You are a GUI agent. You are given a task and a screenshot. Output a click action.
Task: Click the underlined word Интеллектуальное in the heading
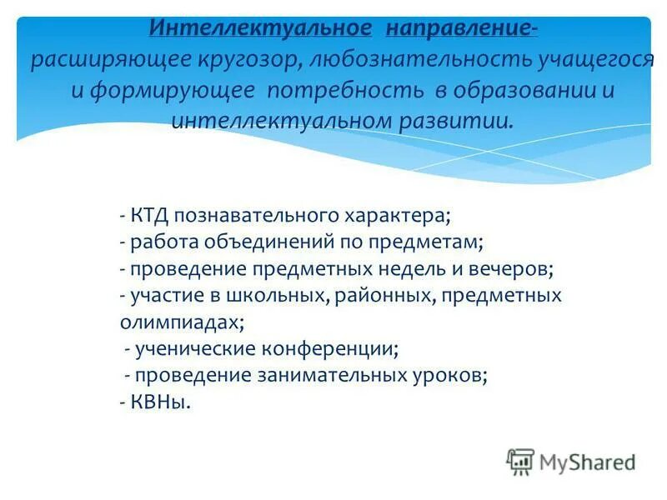click(260, 27)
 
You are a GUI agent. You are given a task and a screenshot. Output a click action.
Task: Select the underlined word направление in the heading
click(457, 27)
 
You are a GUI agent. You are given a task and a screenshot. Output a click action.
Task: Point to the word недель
click(436, 269)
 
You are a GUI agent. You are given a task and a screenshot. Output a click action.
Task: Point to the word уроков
click(454, 375)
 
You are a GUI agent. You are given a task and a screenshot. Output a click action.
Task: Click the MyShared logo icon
click(520, 461)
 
